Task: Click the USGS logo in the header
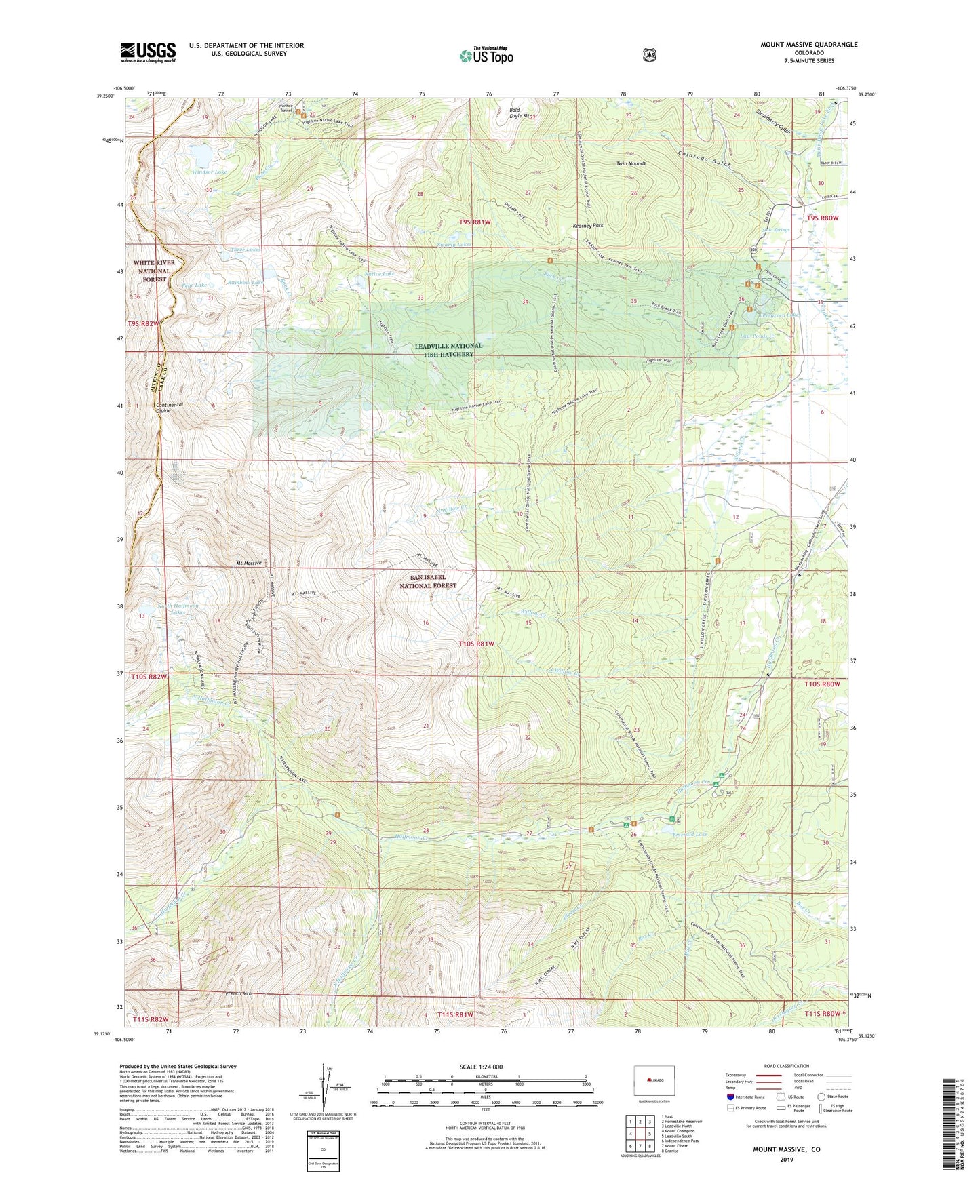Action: click(148, 52)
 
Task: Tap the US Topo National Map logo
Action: click(485, 55)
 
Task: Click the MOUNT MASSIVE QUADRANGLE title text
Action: click(808, 45)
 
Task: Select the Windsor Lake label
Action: click(209, 172)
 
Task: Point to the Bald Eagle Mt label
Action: click(524, 113)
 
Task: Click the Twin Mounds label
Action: click(631, 164)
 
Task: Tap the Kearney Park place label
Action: click(587, 225)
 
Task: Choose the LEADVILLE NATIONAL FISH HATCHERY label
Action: click(448, 350)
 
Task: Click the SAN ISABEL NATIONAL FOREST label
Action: click(428, 581)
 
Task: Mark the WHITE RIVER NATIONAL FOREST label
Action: click(154, 271)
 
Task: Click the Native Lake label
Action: click(380, 274)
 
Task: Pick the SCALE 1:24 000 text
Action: click(481, 1067)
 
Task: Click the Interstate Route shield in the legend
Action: click(730, 1096)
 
